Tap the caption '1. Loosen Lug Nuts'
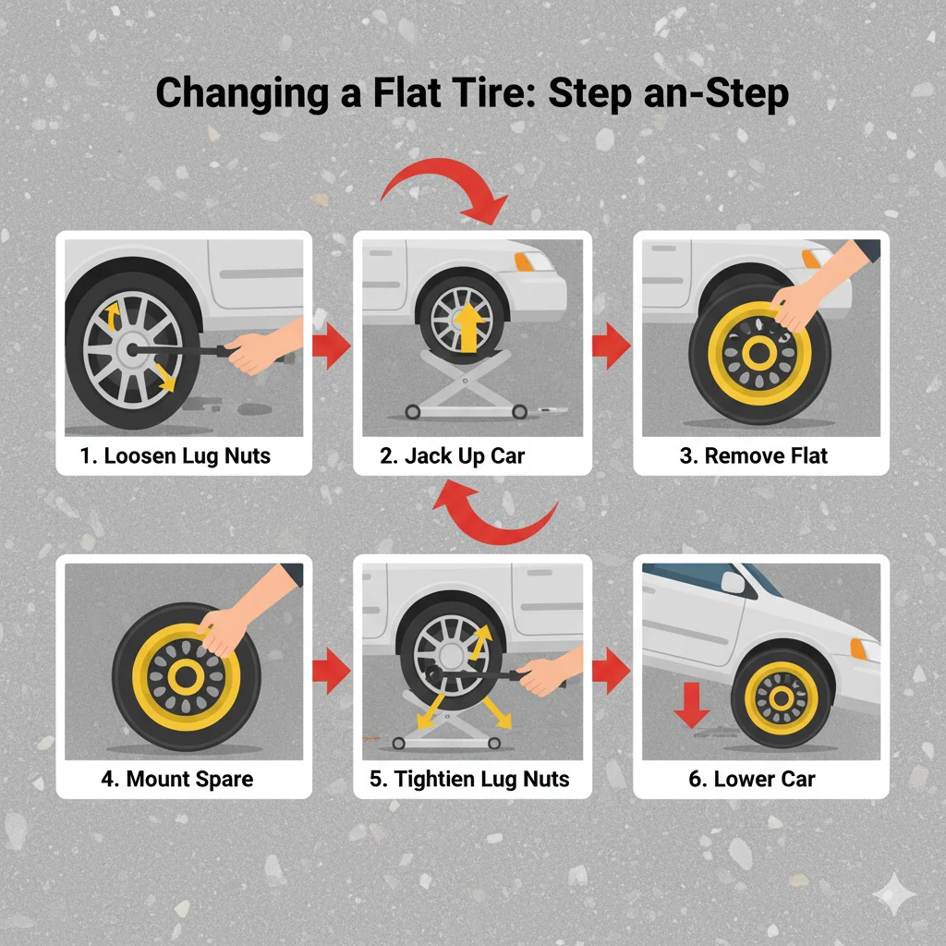184,455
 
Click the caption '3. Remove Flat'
760,455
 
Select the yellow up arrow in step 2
469,329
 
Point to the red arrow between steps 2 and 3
611,346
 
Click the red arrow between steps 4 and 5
330,671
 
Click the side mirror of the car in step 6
734,582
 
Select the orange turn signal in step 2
525,261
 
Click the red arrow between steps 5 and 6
611,671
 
